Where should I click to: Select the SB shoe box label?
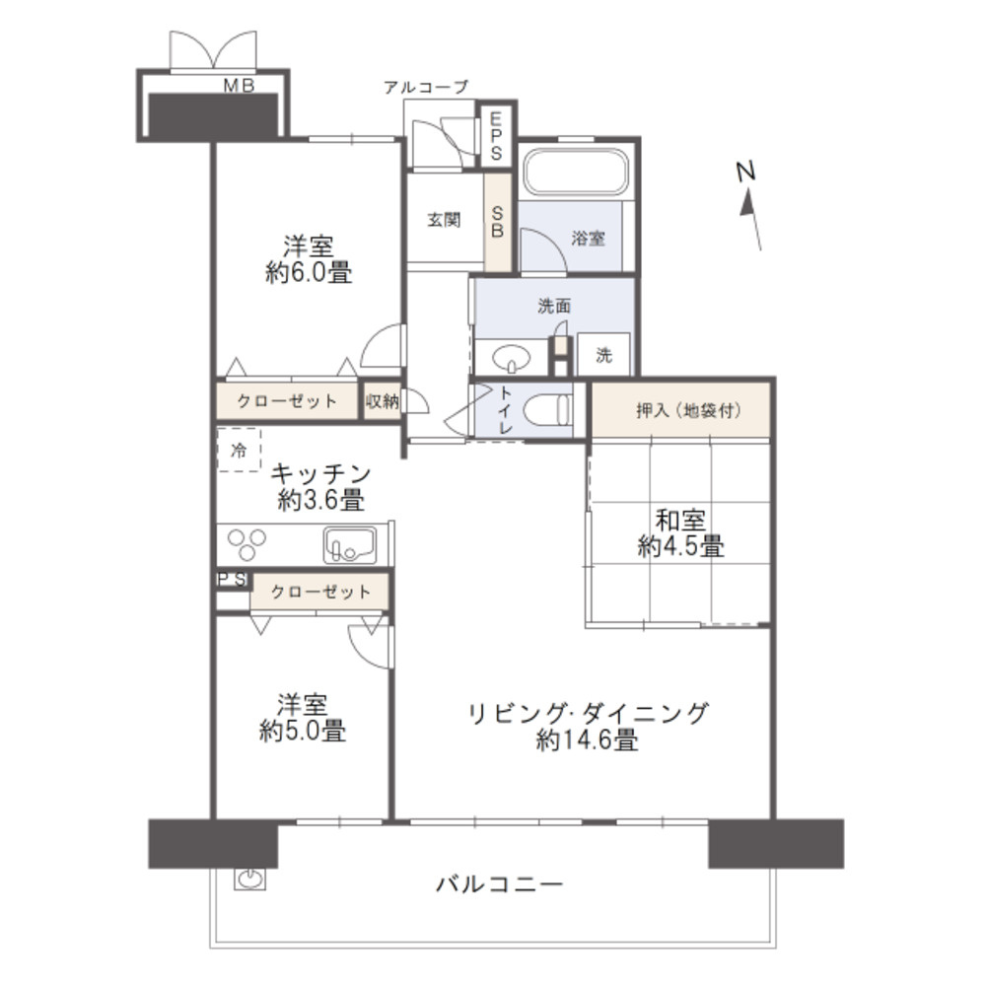pyautogui.click(x=497, y=222)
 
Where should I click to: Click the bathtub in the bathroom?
pyautogui.click(x=576, y=173)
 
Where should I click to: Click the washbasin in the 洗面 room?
pyautogui.click(x=510, y=356)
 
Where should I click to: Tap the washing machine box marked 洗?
pyautogui.click(x=603, y=355)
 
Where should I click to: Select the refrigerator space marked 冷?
pyautogui.click(x=239, y=451)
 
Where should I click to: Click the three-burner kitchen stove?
pyautogui.click(x=247, y=544)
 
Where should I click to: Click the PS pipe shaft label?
pyautogui.click(x=232, y=580)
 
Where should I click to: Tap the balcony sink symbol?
pyautogui.click(x=248, y=878)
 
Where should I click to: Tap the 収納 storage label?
pyautogui.click(x=382, y=401)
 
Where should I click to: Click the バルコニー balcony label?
pyautogui.click(x=500, y=883)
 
